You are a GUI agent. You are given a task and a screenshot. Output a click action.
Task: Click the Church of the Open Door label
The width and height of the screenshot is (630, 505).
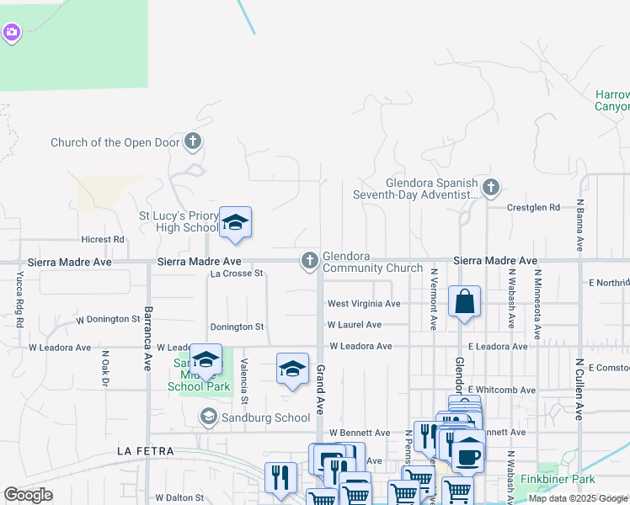(x=115, y=142)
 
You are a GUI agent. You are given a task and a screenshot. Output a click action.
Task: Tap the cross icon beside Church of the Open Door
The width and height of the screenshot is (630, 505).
(x=193, y=141)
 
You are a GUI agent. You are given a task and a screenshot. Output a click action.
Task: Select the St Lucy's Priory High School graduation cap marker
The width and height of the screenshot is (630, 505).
(x=235, y=223)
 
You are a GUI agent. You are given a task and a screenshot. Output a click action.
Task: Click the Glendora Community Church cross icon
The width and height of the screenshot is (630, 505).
(x=310, y=262)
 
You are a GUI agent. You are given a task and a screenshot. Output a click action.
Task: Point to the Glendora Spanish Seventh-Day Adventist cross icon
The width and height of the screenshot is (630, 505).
(x=491, y=187)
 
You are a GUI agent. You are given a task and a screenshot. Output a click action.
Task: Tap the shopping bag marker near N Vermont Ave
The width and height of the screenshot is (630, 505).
(x=464, y=301)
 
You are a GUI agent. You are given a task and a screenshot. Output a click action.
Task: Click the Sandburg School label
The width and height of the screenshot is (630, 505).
(x=265, y=417)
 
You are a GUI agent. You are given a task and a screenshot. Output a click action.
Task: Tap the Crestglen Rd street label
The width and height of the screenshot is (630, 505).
(x=533, y=207)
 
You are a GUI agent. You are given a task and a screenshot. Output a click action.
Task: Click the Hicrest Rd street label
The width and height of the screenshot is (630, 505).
(x=103, y=239)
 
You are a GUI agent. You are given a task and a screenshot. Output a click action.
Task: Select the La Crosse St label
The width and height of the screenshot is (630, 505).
(x=237, y=274)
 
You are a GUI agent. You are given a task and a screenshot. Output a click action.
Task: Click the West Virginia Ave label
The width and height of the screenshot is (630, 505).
(x=364, y=303)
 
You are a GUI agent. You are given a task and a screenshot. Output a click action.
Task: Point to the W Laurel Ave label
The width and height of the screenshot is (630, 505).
(x=355, y=324)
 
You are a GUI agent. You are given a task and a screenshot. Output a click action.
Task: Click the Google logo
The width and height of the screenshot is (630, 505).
(x=29, y=495)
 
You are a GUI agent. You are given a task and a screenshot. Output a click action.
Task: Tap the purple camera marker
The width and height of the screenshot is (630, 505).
(x=11, y=33)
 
